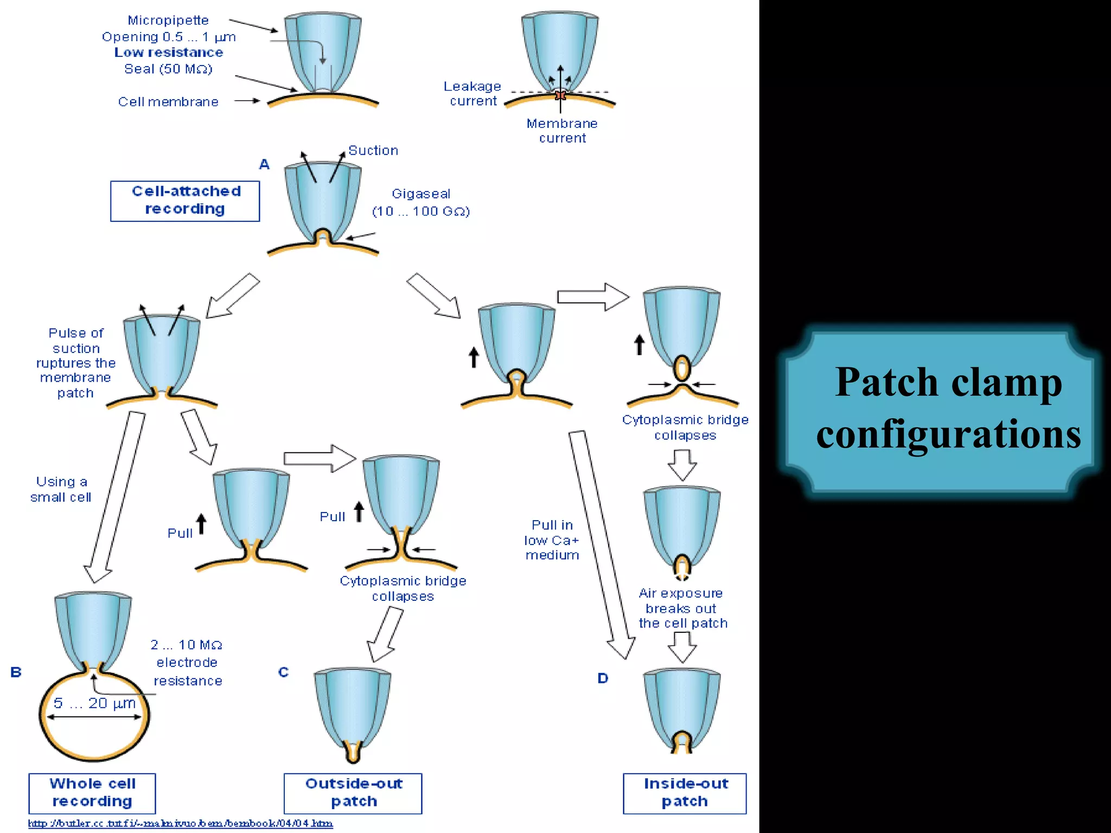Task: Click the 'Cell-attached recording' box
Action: pos(185,201)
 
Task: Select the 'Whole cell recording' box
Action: pos(92,793)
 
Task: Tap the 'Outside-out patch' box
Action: pos(353,793)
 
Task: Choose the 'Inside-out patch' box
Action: pos(685,793)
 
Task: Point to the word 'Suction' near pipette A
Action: pos(373,151)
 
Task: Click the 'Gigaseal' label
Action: pos(421,194)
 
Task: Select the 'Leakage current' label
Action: pos(473,94)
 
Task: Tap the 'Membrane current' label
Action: pos(562,131)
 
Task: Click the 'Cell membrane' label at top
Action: pos(168,102)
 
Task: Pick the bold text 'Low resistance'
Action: pos(169,53)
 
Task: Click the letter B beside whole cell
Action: pos(16,672)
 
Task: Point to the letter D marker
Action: pos(603,678)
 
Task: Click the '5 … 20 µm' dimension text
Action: pos(94,703)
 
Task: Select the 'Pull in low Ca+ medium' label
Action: pos(552,540)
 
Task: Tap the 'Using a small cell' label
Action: pos(61,489)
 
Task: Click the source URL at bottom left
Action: pos(180,823)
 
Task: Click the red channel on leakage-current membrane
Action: pos(560,95)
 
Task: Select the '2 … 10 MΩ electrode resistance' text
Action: pos(187,663)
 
